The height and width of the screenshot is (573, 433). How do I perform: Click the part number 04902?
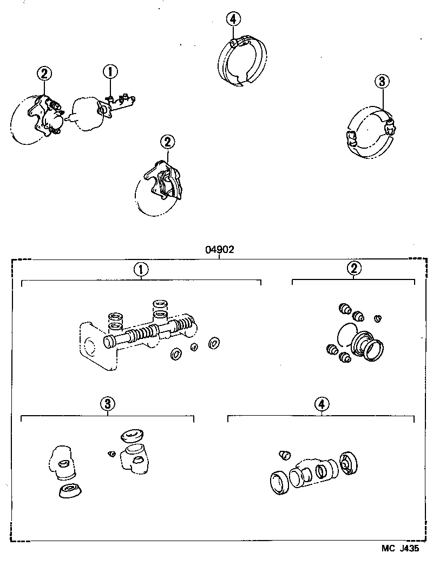pos(219,250)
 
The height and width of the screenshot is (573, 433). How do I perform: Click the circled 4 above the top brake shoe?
pos(233,19)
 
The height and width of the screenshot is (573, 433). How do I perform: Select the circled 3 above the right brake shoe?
pos(382,82)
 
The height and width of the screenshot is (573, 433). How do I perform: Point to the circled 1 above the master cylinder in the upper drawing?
pos(110,71)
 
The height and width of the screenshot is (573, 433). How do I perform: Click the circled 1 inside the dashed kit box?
pos(141,269)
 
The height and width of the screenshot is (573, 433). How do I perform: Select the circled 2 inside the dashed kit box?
pos(353,268)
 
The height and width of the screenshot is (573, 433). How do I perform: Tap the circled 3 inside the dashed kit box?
pos(108,403)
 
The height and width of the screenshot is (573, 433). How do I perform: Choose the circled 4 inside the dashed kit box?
pos(322,403)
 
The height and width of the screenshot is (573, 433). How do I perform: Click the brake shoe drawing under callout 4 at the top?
pos(242,61)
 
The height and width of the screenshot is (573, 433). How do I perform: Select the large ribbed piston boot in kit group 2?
pos(366,345)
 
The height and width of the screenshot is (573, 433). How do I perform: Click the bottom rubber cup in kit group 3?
pos(69,491)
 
